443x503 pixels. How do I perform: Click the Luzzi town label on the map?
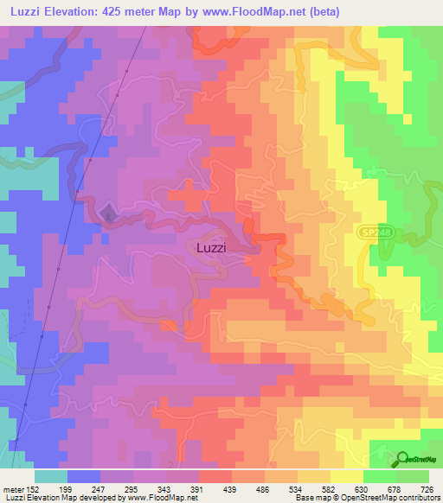(211, 247)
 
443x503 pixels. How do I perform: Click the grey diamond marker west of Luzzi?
(107, 212)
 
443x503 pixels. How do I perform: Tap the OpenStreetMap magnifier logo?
(404, 460)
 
